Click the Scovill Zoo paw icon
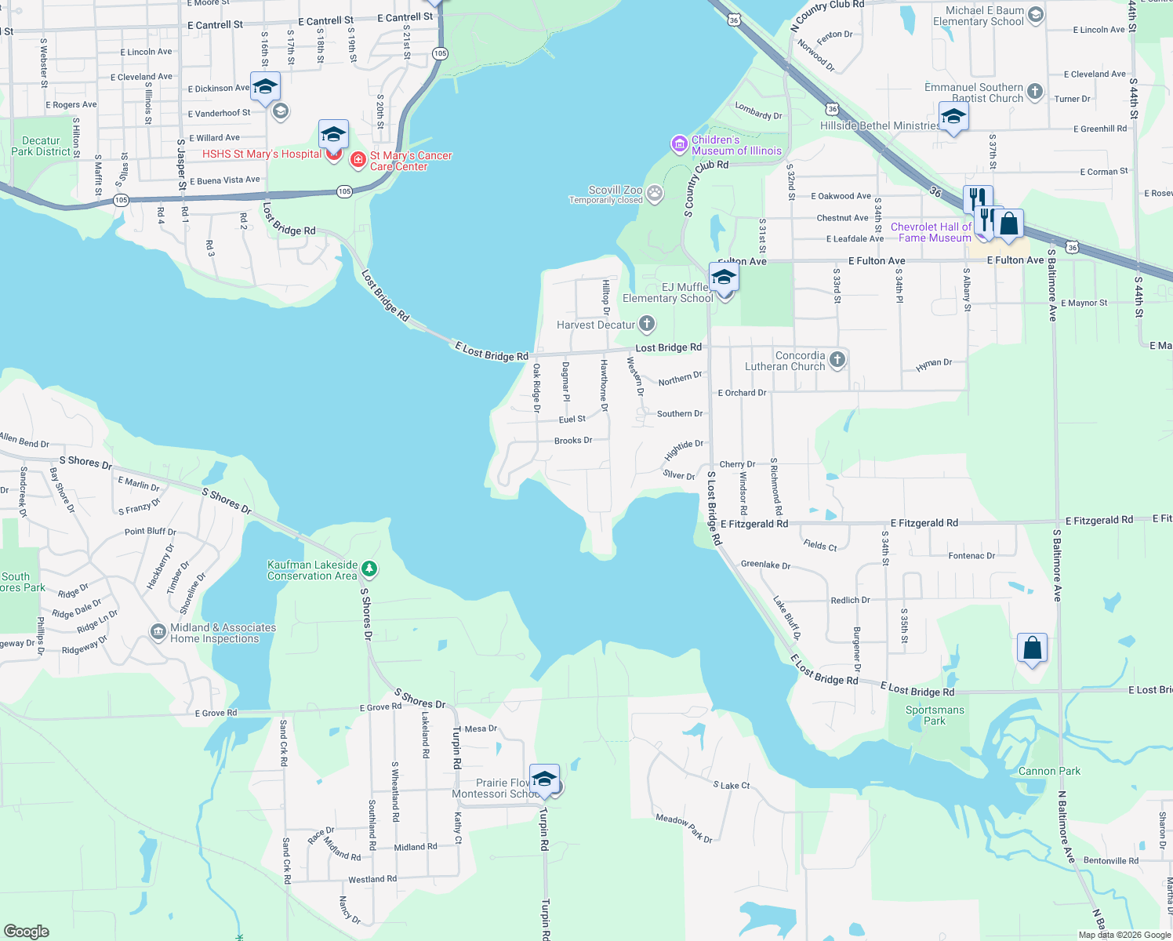click(x=655, y=193)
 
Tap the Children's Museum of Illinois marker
click(x=679, y=144)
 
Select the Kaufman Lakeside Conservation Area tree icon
click(x=369, y=569)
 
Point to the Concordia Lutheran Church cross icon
click(x=837, y=360)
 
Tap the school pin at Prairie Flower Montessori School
click(x=544, y=779)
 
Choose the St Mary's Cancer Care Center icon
click(x=358, y=161)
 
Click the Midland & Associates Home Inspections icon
click(x=158, y=630)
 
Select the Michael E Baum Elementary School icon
click(x=1035, y=15)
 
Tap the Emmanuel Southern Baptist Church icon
click(x=1035, y=92)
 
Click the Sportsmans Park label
click(x=935, y=715)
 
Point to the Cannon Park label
click(x=1049, y=771)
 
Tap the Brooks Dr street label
click(x=573, y=441)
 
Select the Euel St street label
click(x=572, y=420)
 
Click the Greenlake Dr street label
click(x=765, y=565)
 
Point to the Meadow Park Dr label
click(x=684, y=828)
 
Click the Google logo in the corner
click(x=26, y=931)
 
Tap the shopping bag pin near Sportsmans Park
click(x=1032, y=649)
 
